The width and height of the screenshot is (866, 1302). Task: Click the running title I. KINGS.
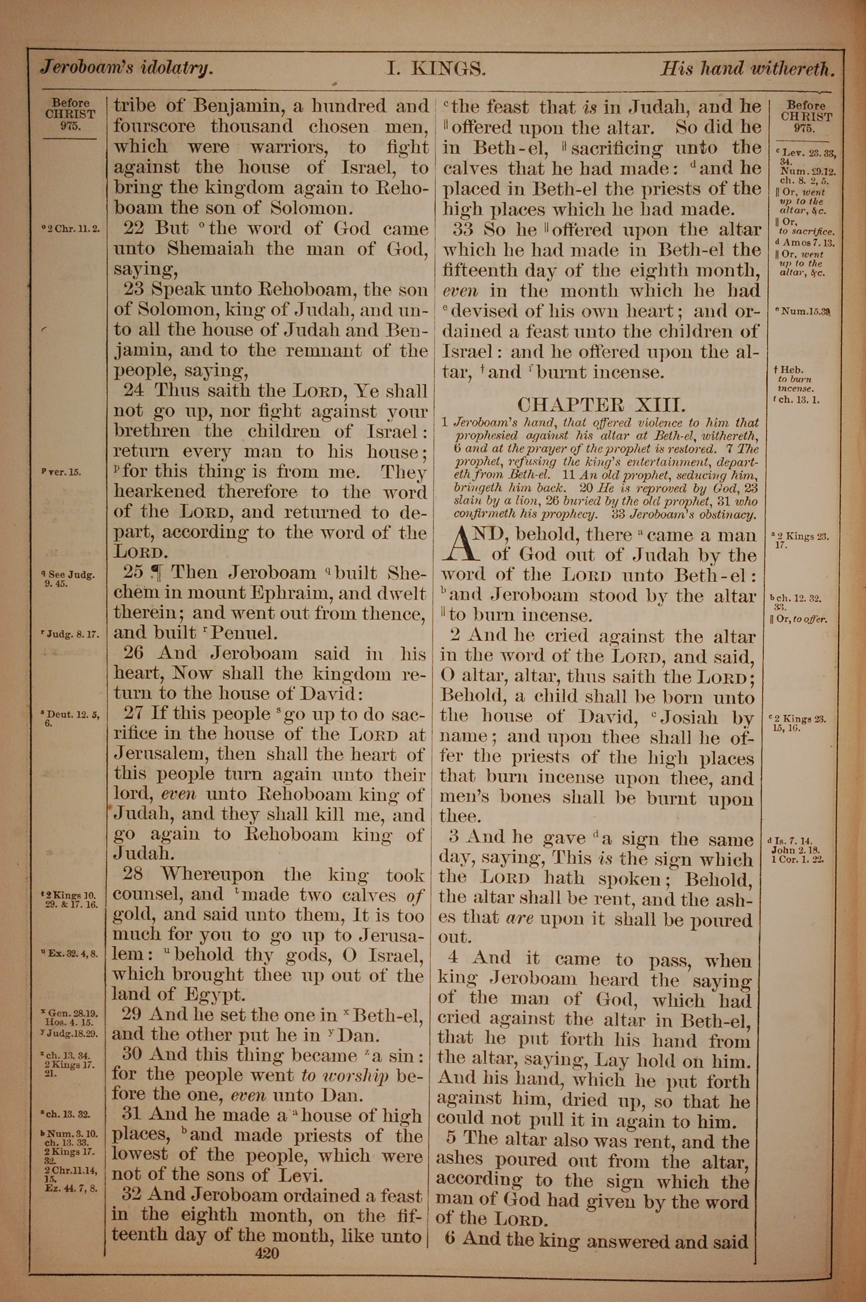click(x=436, y=68)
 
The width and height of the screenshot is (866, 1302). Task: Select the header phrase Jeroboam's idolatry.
click(x=126, y=68)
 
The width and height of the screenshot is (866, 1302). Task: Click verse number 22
click(x=132, y=228)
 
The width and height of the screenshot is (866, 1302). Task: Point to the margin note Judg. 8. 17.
click(x=70, y=634)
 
